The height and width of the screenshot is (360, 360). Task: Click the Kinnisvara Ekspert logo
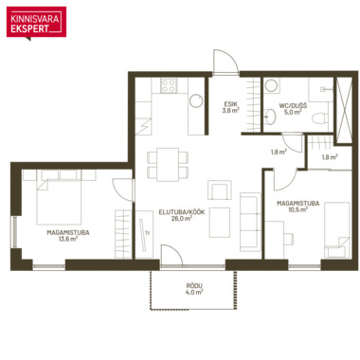[x=36, y=23]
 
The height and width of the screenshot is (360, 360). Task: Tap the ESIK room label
[x=230, y=104]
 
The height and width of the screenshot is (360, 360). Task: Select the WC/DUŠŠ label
[x=293, y=105]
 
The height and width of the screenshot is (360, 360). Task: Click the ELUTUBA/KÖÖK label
[x=182, y=212]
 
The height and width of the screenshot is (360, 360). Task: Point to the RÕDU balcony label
[x=194, y=286]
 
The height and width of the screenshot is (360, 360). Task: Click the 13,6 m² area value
[x=68, y=239]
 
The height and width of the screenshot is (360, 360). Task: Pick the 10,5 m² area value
[x=297, y=209]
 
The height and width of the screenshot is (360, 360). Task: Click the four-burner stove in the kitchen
[x=169, y=85]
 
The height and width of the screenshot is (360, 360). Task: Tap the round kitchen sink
[x=196, y=101]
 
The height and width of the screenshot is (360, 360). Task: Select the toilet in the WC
[x=318, y=117]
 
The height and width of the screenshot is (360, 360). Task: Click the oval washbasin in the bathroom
[x=270, y=117]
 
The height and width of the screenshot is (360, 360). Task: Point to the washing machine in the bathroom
[x=272, y=85]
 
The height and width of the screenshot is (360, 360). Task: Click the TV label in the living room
[x=147, y=233]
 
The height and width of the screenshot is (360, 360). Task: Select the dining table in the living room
[x=168, y=164]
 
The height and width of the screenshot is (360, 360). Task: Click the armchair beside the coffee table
[x=220, y=189]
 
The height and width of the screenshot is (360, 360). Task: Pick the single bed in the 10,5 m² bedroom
[x=337, y=230]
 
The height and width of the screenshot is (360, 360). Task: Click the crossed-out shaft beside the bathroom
[x=343, y=110]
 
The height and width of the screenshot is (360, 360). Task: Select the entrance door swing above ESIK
[x=225, y=63]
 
